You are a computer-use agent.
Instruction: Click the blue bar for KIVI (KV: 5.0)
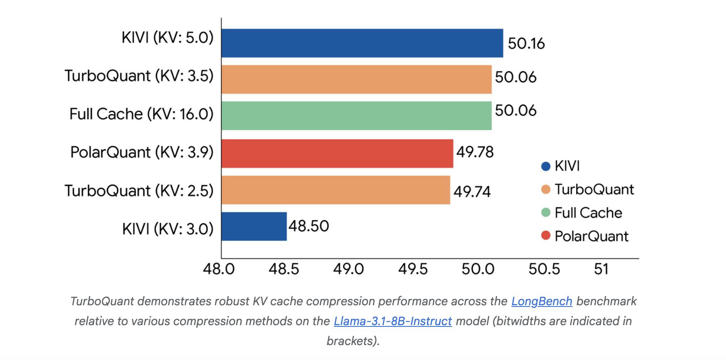(362, 43)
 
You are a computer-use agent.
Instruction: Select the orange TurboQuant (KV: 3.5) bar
(356, 79)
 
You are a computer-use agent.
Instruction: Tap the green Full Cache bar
(356, 116)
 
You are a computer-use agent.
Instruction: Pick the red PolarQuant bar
(337, 153)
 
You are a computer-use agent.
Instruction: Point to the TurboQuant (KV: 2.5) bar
(335, 190)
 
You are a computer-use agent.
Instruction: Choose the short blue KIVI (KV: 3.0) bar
(254, 226)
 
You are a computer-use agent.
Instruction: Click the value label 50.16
(526, 44)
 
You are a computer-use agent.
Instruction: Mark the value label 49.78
(475, 152)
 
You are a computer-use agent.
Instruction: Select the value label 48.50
(309, 226)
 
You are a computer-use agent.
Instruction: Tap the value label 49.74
(472, 192)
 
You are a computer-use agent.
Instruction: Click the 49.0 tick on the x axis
(348, 269)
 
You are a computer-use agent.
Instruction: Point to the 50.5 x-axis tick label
(544, 269)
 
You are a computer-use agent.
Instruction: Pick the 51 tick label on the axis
(601, 269)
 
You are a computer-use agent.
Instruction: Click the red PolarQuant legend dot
(546, 236)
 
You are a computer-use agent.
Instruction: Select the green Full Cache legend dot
(546, 212)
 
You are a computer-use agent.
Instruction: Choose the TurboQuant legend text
(594, 190)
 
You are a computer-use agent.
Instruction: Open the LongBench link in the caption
(541, 301)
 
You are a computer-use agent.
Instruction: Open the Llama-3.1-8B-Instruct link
(392, 321)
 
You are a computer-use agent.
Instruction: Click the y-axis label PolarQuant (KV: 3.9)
(141, 152)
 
